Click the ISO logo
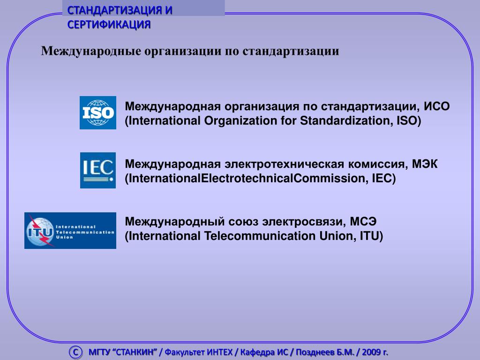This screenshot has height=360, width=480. pyautogui.click(x=98, y=112)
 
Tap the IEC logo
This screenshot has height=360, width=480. pyautogui.click(x=98, y=170)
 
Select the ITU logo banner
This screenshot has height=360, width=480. pyautogui.click(x=70, y=231)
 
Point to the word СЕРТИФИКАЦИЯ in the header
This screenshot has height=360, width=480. pyautogui.click(x=109, y=24)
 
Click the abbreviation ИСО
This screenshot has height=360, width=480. pyautogui.click(x=436, y=106)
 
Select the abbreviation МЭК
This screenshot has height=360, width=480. pyautogui.click(x=425, y=164)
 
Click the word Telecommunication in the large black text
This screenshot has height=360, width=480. pyautogui.click(x=260, y=236)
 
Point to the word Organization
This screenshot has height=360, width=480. pyautogui.click(x=240, y=120)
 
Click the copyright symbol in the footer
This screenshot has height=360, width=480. pyautogui.click(x=75, y=352)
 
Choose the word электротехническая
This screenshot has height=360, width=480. pyautogui.click(x=285, y=164)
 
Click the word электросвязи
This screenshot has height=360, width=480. pyautogui.click(x=304, y=222)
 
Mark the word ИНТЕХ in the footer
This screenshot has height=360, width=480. pyautogui.click(x=220, y=352)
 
